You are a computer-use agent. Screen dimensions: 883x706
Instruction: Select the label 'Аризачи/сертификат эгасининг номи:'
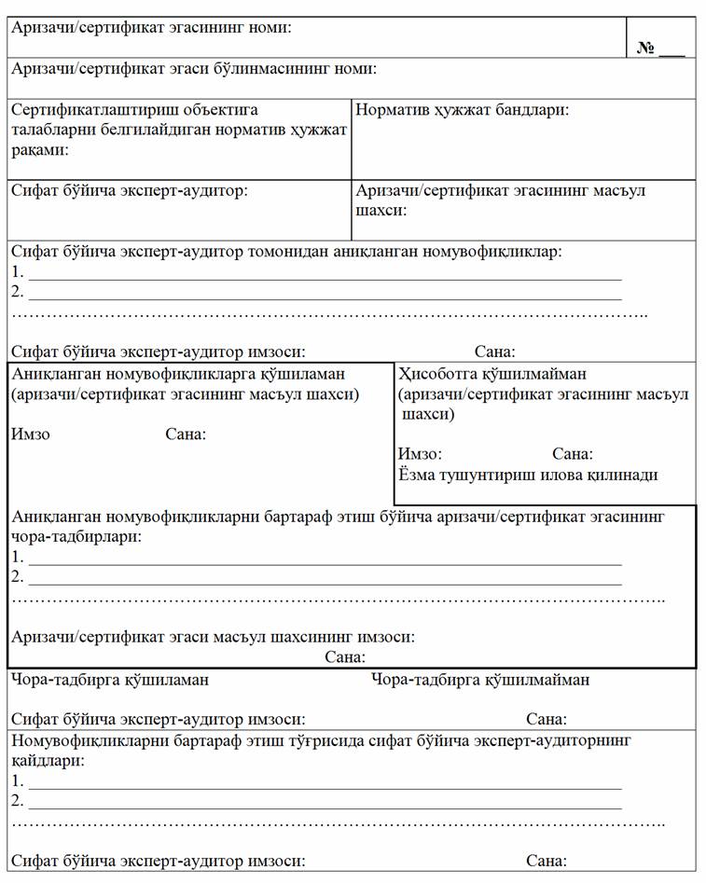[151, 28]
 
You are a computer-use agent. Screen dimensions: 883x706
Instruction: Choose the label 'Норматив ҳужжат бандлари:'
[463, 110]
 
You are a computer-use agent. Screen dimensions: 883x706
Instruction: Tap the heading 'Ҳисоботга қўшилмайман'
[492, 375]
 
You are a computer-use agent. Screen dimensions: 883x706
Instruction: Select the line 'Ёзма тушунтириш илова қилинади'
[528, 475]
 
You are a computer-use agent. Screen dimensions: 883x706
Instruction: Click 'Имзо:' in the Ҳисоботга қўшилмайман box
[420, 454]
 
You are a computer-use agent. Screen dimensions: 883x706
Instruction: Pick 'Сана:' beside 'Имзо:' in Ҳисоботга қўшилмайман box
[573, 454]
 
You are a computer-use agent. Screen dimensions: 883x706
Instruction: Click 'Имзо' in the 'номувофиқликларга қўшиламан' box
[31, 435]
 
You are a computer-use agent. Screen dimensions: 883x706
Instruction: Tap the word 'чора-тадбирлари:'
[76, 538]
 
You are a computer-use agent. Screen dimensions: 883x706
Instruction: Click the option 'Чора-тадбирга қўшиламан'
[110, 680]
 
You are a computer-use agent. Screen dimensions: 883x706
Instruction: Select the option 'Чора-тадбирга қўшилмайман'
[480, 680]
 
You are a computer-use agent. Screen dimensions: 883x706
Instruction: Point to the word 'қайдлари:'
[48, 761]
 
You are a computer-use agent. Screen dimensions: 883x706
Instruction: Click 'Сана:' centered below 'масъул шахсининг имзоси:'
[345, 657]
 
